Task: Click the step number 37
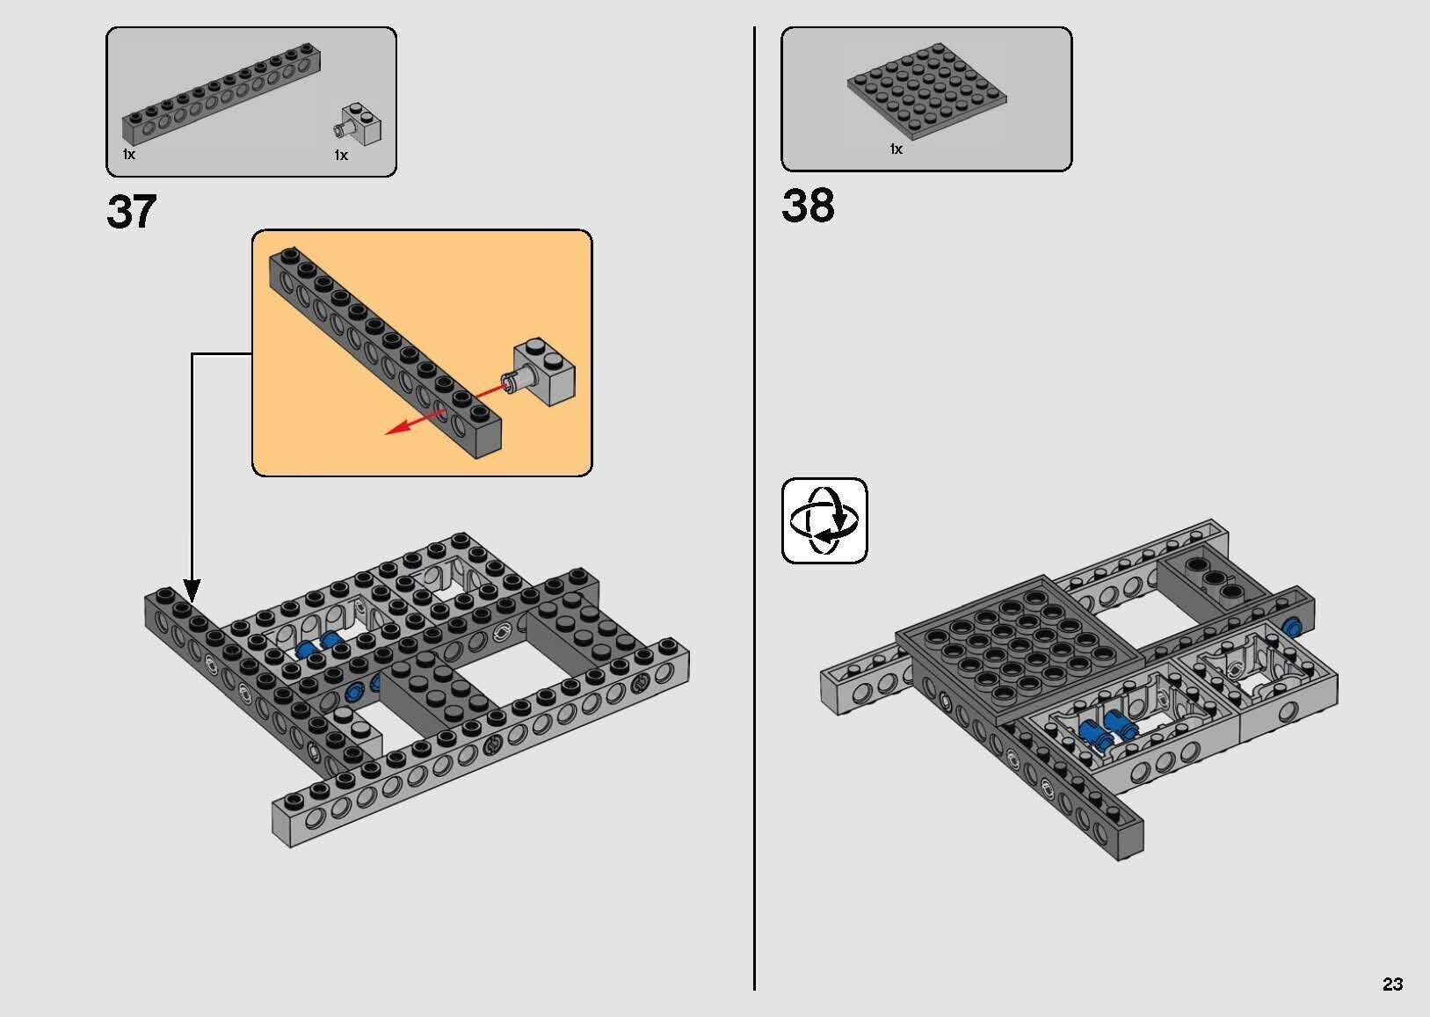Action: tap(132, 213)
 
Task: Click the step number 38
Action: tap(807, 206)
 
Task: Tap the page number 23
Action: tap(1392, 984)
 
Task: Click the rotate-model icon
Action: tap(824, 520)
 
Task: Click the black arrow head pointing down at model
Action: tap(192, 591)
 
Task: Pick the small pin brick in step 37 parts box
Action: tap(360, 126)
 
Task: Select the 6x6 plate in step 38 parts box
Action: tap(927, 92)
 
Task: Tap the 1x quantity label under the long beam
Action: tap(129, 155)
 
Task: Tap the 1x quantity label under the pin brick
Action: tap(341, 156)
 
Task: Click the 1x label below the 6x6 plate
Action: tap(896, 149)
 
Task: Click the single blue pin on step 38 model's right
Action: tap(1292, 627)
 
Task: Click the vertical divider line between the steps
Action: tap(754, 527)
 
